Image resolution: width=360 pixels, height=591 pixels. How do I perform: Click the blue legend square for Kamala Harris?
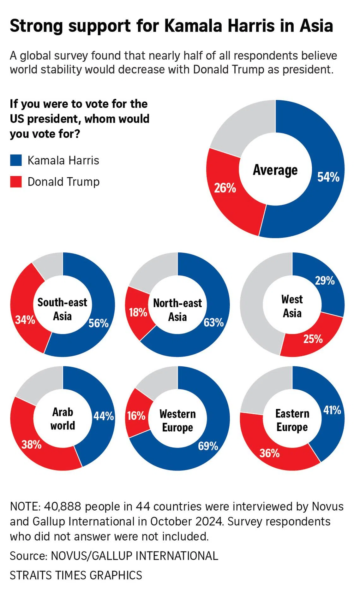click(x=16, y=160)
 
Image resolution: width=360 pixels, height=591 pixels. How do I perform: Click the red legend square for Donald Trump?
click(x=16, y=182)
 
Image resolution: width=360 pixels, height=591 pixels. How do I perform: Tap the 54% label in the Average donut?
click(x=328, y=177)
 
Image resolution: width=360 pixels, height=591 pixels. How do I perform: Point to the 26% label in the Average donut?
click(x=225, y=188)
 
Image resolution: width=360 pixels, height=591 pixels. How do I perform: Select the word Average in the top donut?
click(x=275, y=170)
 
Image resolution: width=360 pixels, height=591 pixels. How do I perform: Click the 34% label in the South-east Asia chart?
click(x=25, y=320)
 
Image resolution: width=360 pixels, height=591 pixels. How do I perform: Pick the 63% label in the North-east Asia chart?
click(x=213, y=322)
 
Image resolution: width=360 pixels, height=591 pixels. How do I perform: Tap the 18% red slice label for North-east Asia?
click(x=138, y=312)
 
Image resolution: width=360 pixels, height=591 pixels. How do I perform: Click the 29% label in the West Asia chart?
click(x=325, y=280)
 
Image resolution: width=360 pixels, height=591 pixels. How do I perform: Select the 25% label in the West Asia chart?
click(x=313, y=339)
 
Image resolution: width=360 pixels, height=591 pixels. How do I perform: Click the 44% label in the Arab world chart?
click(x=104, y=416)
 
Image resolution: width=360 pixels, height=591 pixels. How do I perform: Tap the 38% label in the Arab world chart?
click(x=31, y=445)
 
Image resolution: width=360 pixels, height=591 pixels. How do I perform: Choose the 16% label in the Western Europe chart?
click(x=136, y=416)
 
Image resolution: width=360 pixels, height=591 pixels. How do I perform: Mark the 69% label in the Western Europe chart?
click(x=208, y=446)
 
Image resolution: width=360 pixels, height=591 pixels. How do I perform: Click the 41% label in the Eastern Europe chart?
click(x=332, y=410)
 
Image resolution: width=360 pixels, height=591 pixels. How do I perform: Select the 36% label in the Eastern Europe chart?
click(x=269, y=453)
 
